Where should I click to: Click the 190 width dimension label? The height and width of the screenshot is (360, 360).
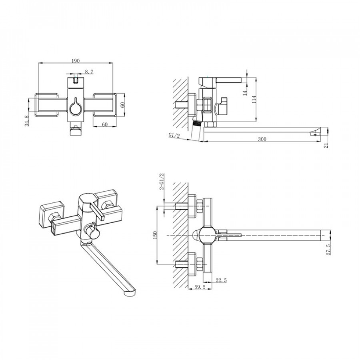point(76,61)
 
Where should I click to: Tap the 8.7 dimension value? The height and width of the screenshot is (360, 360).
point(89,72)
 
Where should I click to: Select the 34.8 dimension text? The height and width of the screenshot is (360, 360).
point(27,121)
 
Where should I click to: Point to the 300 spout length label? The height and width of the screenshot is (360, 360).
point(262,139)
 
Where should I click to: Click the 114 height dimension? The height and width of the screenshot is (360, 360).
point(254,100)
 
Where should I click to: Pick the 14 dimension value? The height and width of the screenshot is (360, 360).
point(245,93)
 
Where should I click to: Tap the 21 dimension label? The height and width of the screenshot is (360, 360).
point(326,145)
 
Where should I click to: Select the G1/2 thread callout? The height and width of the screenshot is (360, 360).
point(174,135)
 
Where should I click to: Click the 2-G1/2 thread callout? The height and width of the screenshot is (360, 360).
point(162,181)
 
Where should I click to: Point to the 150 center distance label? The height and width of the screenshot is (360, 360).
point(154,235)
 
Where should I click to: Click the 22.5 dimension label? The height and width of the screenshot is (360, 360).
point(221,280)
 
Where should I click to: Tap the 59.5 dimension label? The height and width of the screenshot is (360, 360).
point(200,287)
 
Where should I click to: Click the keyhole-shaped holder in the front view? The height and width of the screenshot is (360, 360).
point(75,107)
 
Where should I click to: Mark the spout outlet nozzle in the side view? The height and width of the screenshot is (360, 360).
point(315,132)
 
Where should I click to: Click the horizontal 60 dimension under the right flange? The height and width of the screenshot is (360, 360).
point(105,124)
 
